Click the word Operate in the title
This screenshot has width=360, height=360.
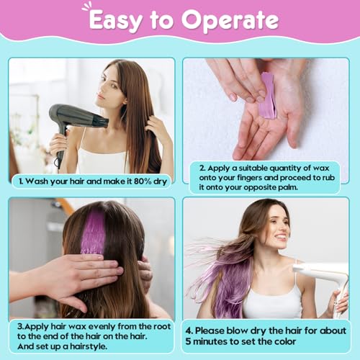click(230, 21)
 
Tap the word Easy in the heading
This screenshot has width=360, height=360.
click(114, 21)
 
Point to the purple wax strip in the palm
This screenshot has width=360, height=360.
click(268, 96)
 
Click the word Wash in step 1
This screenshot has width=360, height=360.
click(37, 181)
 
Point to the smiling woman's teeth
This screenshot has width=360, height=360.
click(282, 237)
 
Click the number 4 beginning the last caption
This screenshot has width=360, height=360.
click(188, 331)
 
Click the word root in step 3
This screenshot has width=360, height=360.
click(162, 327)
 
